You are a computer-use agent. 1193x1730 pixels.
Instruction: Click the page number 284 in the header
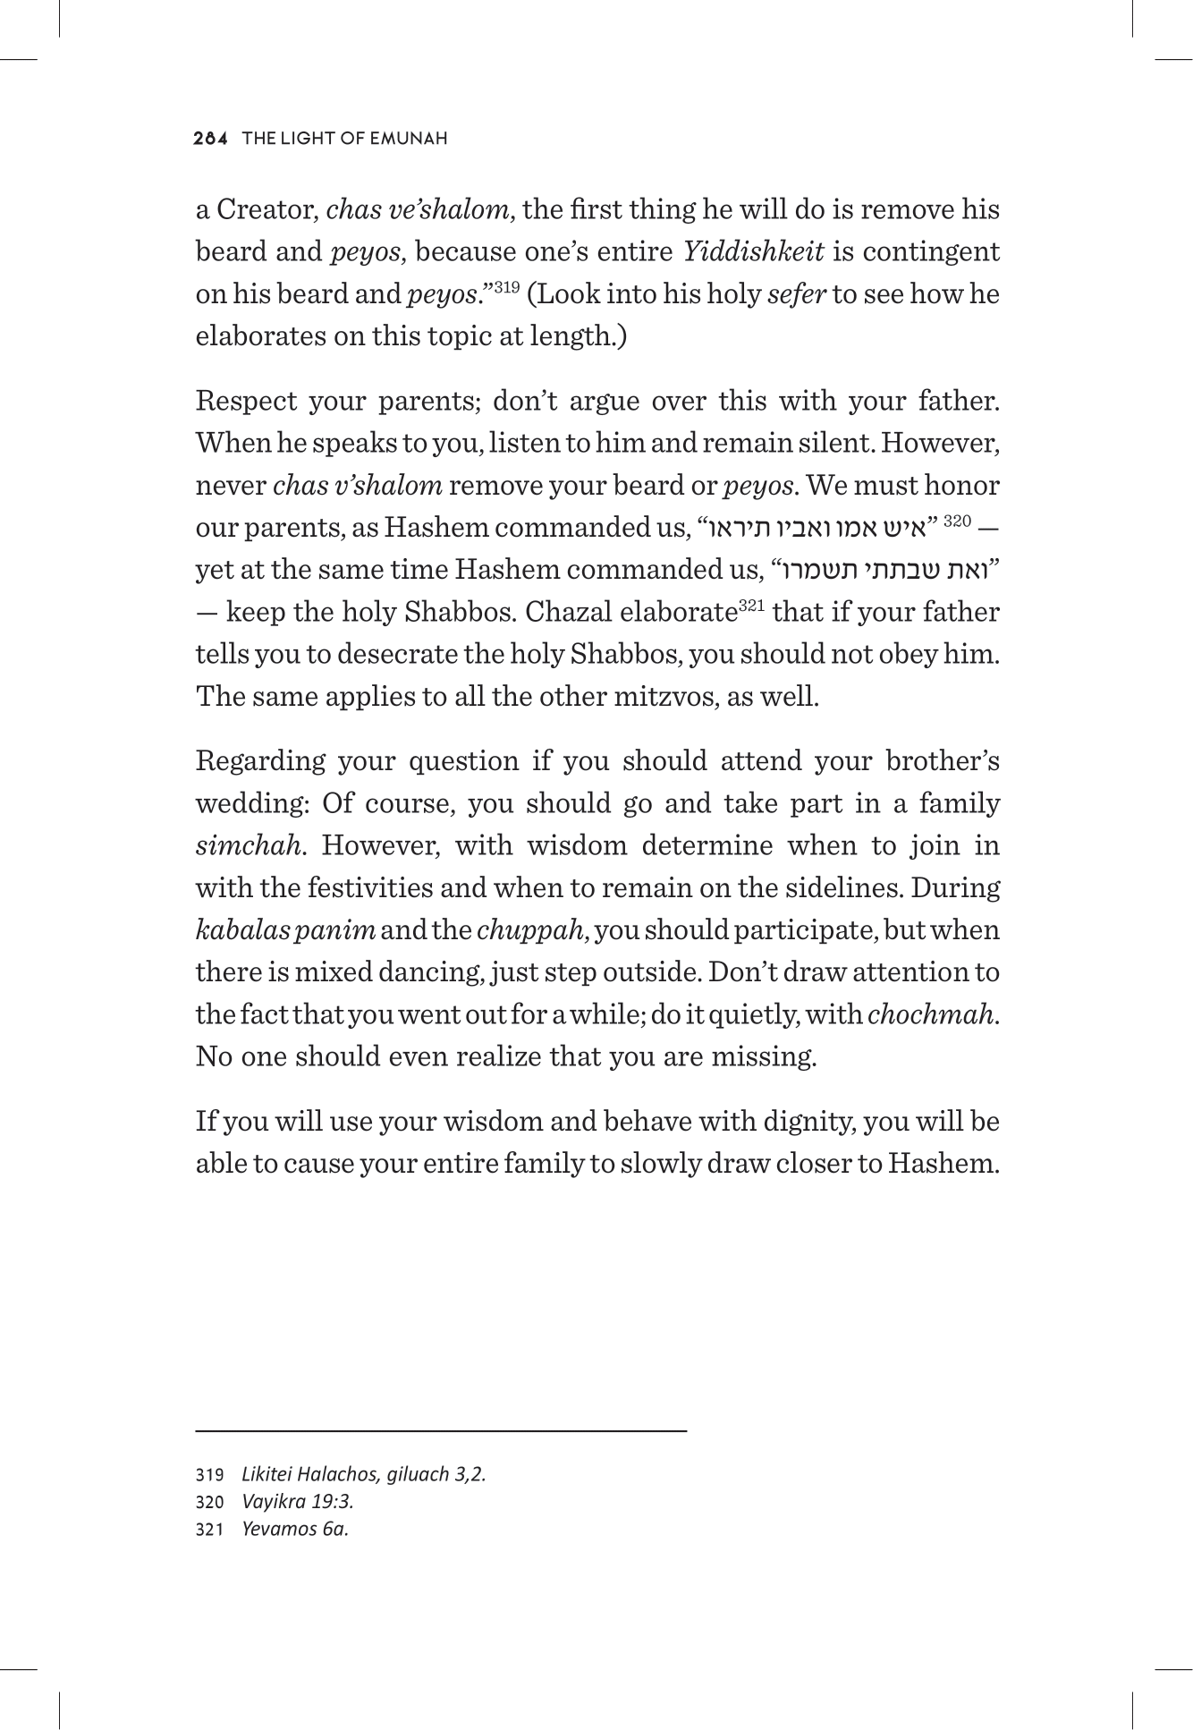tap(213, 139)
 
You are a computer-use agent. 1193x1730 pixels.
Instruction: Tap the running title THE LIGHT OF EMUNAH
tap(344, 139)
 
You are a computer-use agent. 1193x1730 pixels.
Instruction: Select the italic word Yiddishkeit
tap(753, 252)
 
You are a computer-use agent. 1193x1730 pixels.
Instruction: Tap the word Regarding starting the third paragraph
tap(258, 761)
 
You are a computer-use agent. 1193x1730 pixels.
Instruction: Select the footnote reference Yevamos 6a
tap(294, 1529)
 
